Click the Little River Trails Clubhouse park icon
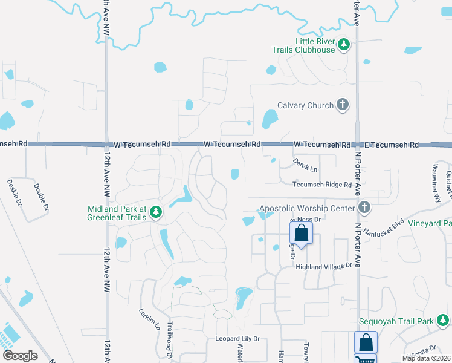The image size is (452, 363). point(344,44)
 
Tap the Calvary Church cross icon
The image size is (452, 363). point(342,105)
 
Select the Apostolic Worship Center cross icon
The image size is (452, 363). point(364,208)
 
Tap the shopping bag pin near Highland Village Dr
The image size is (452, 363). point(301,233)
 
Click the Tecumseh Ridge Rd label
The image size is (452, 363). point(322,185)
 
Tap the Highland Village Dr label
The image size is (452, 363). point(323,266)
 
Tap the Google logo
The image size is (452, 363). point(20,355)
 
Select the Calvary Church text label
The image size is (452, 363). point(305,105)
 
